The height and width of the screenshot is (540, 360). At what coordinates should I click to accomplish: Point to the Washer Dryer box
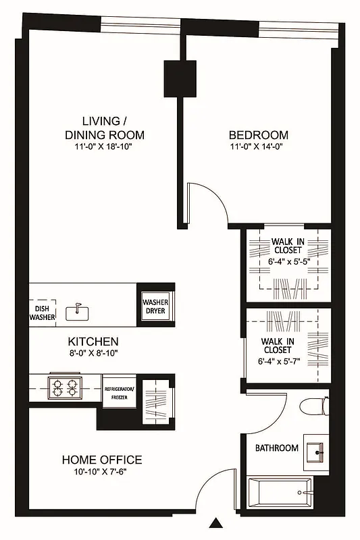155,306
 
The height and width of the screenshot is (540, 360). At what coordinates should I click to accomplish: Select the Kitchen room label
93,342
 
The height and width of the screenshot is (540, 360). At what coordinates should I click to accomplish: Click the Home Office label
102,460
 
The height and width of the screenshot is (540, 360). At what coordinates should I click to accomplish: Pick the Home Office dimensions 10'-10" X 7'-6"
102,472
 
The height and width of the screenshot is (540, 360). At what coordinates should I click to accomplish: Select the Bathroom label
276,448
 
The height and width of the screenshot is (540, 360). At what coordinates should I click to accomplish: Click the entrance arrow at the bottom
215,523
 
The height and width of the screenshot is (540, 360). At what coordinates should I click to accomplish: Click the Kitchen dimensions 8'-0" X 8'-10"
93,354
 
